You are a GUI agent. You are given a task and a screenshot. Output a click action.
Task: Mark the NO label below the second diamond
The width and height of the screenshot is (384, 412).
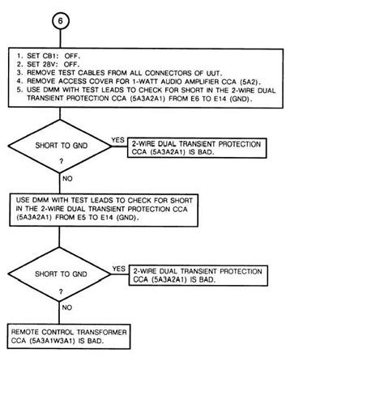[68, 308]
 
